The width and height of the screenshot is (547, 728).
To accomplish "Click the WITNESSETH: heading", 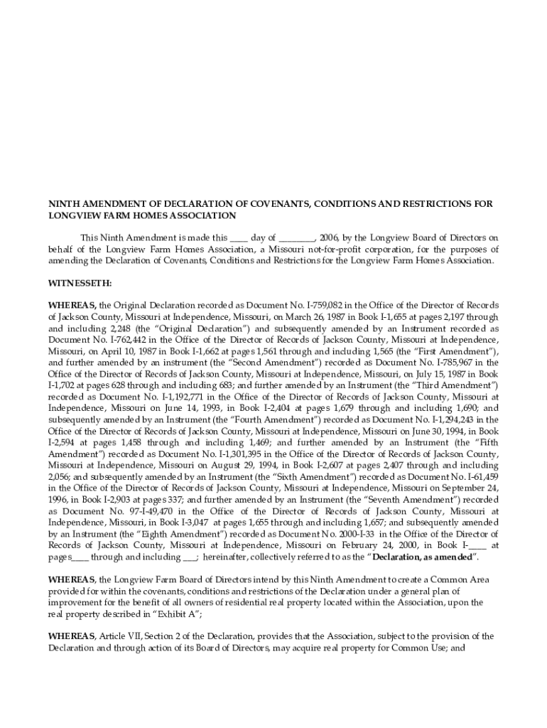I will [80, 283].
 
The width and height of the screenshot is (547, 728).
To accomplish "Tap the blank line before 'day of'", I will [239, 238].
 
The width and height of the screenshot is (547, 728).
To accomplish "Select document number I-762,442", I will [115, 339].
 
